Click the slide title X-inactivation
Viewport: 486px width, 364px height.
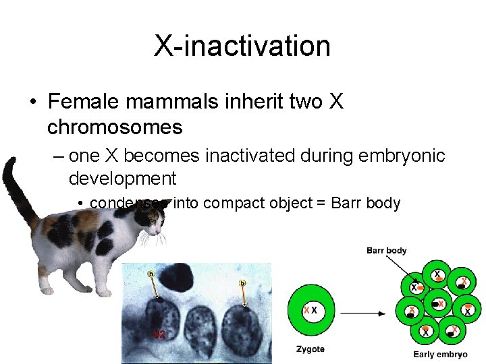[x=242, y=47]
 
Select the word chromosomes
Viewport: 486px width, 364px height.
[x=115, y=127]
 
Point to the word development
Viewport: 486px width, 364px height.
[x=122, y=179]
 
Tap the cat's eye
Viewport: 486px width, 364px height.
[x=154, y=220]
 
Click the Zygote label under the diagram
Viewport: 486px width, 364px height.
[x=310, y=349]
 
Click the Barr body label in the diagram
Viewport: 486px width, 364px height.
[x=387, y=251]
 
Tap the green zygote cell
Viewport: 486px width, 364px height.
[x=310, y=310]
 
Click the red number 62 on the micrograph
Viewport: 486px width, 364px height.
[x=160, y=334]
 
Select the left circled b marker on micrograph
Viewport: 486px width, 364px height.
[x=150, y=274]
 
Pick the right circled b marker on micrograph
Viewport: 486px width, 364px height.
[x=242, y=283]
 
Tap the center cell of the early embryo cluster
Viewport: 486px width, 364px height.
[x=439, y=303]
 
